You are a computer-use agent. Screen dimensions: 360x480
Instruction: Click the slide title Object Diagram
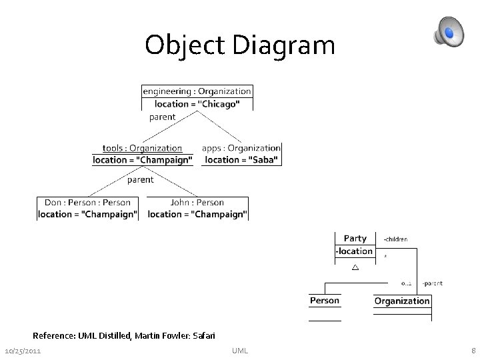[239, 45]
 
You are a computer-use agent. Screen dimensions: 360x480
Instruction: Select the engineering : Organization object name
[197, 91]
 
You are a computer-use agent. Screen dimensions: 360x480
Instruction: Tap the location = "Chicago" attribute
[197, 104]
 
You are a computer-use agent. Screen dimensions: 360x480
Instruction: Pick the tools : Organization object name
[142, 148]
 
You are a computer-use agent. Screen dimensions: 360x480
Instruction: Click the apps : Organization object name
[241, 148]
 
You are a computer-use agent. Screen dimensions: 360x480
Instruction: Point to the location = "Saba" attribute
[241, 160]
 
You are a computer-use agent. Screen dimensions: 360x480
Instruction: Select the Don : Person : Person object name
[87, 202]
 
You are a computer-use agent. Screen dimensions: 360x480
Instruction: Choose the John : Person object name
[197, 202]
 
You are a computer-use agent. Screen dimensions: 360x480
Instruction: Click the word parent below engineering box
[162, 117]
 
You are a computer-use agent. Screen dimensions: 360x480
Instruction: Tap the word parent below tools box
[140, 179]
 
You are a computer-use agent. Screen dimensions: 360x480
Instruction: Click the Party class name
[355, 238]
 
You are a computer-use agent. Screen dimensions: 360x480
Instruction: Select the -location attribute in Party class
[354, 251]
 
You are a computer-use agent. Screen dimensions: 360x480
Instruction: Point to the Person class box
[325, 301]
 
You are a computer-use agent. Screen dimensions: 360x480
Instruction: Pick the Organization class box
[402, 301]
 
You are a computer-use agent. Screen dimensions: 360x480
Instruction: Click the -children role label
[395, 239]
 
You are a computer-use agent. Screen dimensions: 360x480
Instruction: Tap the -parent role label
[431, 283]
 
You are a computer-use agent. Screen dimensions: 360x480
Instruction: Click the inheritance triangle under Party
[355, 268]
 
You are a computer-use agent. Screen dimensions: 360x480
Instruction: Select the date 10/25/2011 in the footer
[24, 351]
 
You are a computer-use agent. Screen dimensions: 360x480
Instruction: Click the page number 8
[473, 351]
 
